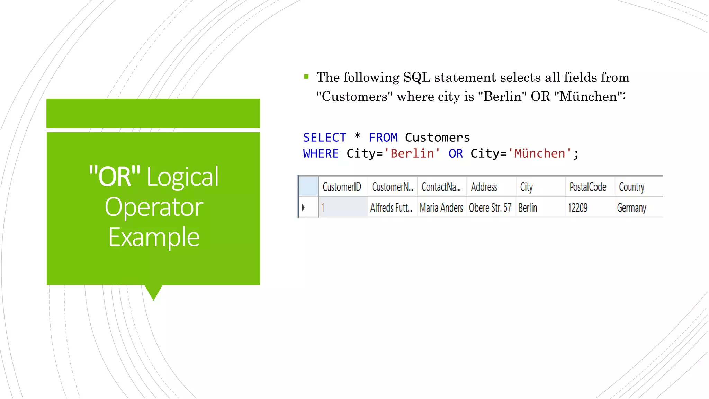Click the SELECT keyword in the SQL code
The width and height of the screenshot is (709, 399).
click(324, 138)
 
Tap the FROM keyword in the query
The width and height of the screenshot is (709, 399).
click(383, 138)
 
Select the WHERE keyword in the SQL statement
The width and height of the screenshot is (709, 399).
click(321, 153)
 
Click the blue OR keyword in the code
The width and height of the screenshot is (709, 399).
click(455, 153)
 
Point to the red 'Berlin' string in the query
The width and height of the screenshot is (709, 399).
click(412, 153)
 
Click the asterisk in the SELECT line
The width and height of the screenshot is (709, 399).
click(358, 136)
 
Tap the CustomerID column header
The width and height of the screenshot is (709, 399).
click(342, 187)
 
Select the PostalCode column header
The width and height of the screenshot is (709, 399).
click(587, 187)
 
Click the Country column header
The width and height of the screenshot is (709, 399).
click(631, 187)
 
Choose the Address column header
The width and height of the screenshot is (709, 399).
click(484, 187)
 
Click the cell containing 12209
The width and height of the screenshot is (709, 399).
click(577, 208)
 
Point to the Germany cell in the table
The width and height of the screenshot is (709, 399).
click(631, 208)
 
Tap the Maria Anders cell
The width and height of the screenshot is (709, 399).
click(441, 208)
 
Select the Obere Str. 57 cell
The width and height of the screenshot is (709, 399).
click(490, 208)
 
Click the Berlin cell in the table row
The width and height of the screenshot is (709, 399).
click(528, 208)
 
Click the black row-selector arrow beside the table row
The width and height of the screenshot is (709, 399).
click(303, 207)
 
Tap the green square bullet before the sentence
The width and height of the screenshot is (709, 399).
click(306, 77)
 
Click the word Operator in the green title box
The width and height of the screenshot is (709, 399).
click(154, 207)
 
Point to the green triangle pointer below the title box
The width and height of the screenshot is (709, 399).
click(153, 292)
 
